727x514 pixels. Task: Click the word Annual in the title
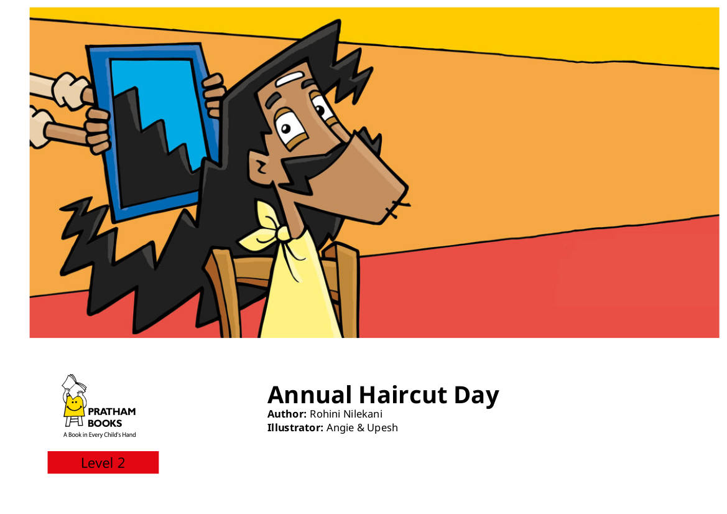[x=309, y=395]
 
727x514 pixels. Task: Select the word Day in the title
[x=476, y=397]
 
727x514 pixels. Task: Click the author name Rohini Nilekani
[x=346, y=414]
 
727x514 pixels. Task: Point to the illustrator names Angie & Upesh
[x=362, y=428]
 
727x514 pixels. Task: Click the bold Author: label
[x=287, y=414]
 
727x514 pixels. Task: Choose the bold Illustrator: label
[x=295, y=428]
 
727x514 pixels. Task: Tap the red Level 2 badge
[x=103, y=462]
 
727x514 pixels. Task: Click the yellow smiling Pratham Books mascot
[x=74, y=401]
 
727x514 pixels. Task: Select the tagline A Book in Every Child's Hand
[x=100, y=435]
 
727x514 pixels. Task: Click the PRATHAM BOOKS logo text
[x=111, y=417]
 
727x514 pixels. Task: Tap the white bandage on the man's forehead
[x=290, y=79]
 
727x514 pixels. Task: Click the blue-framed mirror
[x=153, y=131]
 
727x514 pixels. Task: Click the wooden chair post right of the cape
[x=345, y=287]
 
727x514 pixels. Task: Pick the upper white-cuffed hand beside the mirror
[x=70, y=90]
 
